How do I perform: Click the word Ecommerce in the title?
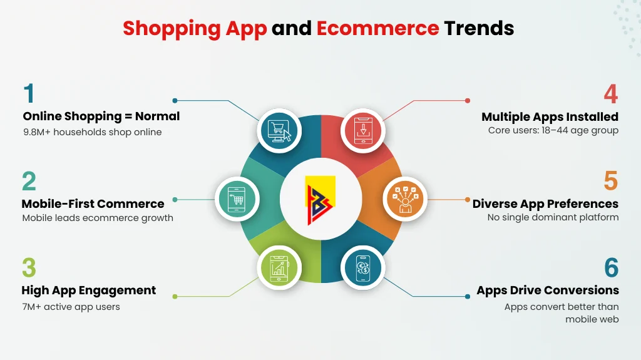(377, 28)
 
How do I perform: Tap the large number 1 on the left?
(28, 94)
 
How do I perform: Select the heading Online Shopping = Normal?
(101, 116)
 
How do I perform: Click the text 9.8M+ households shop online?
(92, 132)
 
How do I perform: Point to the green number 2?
(29, 182)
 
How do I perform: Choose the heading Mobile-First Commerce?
(93, 203)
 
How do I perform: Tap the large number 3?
(29, 268)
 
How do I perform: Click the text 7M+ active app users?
(71, 307)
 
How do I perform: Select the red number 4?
(610, 94)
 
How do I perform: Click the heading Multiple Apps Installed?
(550, 116)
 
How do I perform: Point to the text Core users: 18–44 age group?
(553, 131)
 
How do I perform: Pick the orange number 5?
(610, 181)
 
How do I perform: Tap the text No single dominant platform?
(553, 218)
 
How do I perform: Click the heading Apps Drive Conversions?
(547, 291)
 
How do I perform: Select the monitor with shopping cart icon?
(279, 130)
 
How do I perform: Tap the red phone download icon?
(362, 130)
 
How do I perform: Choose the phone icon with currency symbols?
(362, 267)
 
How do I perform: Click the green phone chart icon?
(279, 267)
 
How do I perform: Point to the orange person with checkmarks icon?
(404, 198)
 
